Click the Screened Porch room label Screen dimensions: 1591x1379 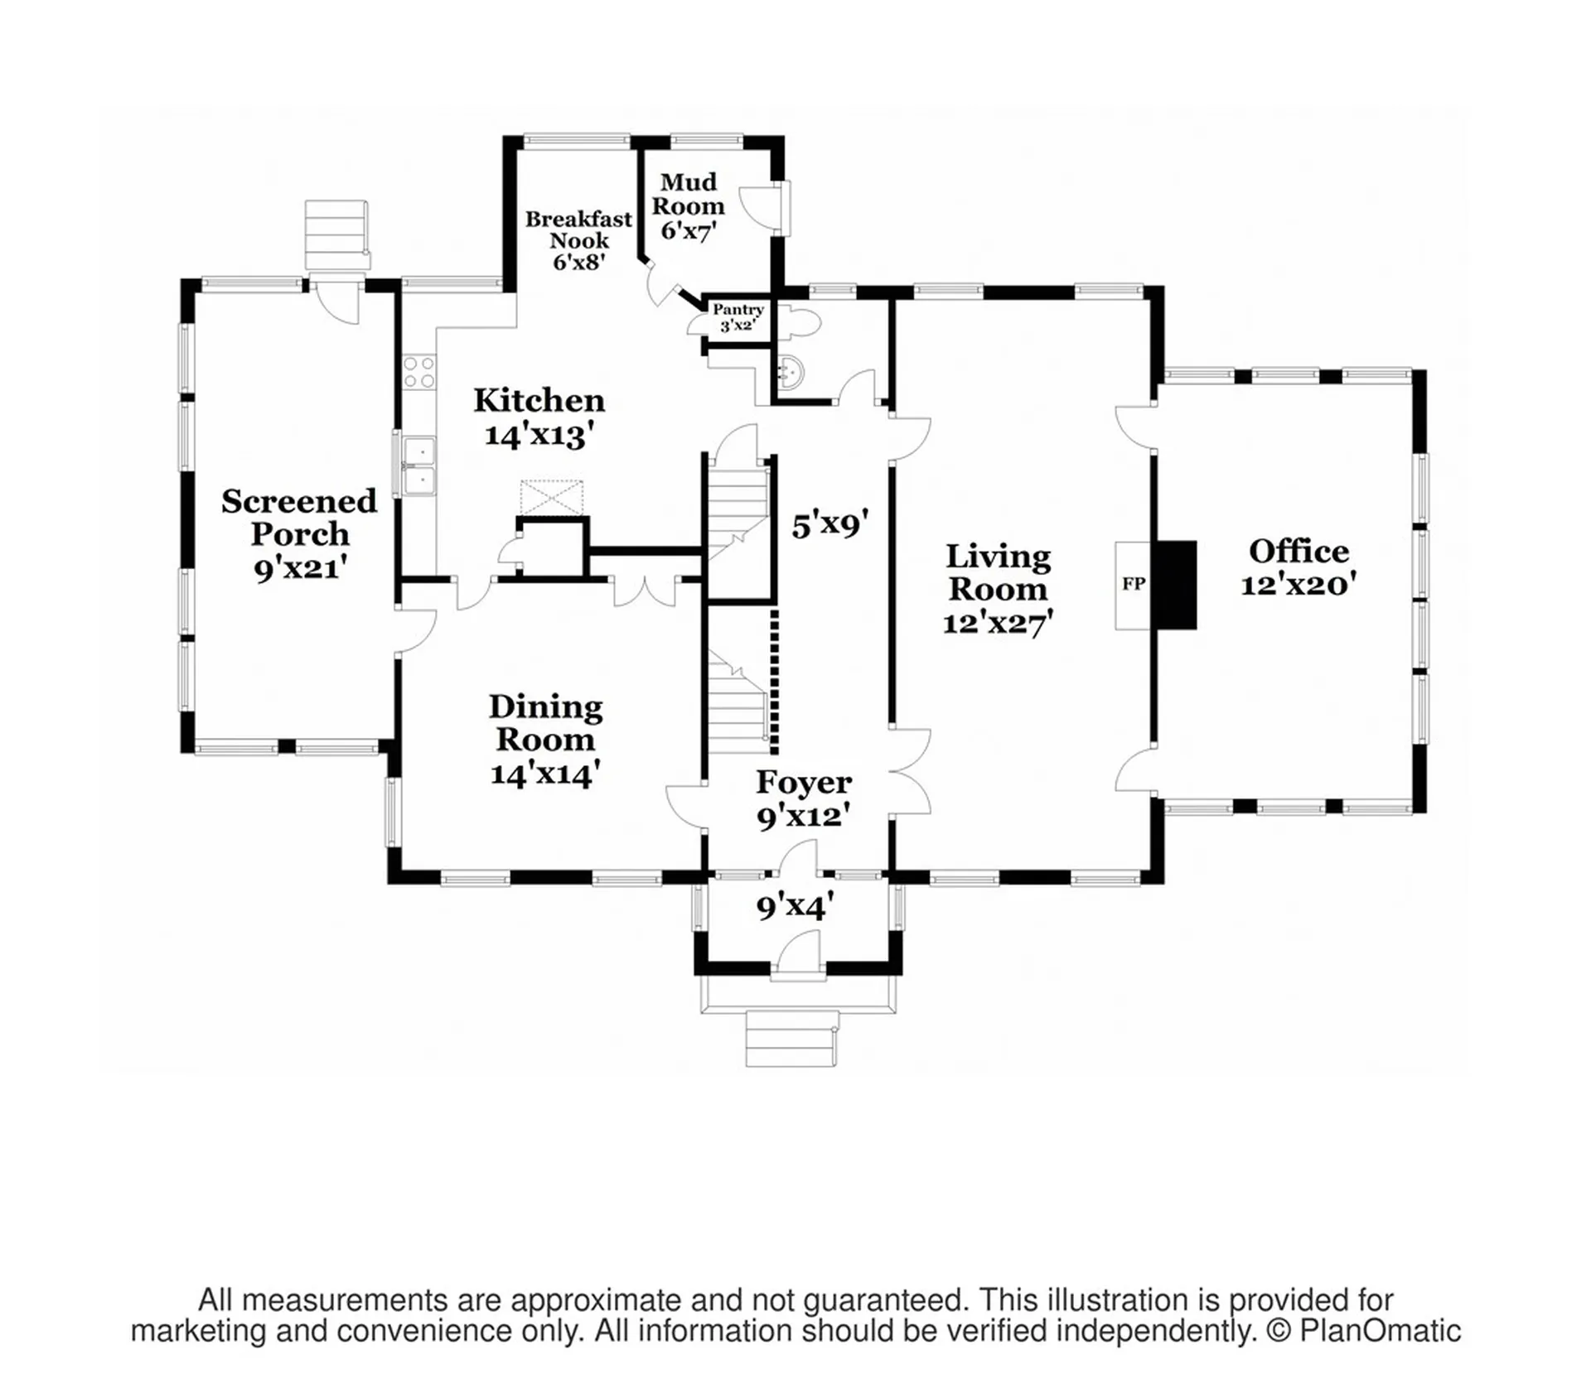click(299, 518)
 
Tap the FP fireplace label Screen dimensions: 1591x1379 click(1134, 584)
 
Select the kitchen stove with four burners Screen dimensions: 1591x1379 click(419, 372)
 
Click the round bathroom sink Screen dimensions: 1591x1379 click(790, 372)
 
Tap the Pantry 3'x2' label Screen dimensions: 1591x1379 click(737, 317)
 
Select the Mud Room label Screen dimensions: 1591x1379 click(688, 193)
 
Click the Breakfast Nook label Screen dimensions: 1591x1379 click(578, 229)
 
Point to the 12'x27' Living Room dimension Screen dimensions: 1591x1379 click(998, 622)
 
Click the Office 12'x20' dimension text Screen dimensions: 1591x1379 click(1298, 585)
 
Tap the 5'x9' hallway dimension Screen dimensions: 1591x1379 click(829, 524)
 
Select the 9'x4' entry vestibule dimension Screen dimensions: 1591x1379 click(795, 906)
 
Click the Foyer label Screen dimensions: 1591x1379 click(803, 783)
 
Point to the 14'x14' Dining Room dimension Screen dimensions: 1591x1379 click(544, 774)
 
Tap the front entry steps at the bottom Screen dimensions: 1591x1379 click(791, 1039)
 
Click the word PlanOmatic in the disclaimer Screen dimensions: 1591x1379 click(1380, 1331)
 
